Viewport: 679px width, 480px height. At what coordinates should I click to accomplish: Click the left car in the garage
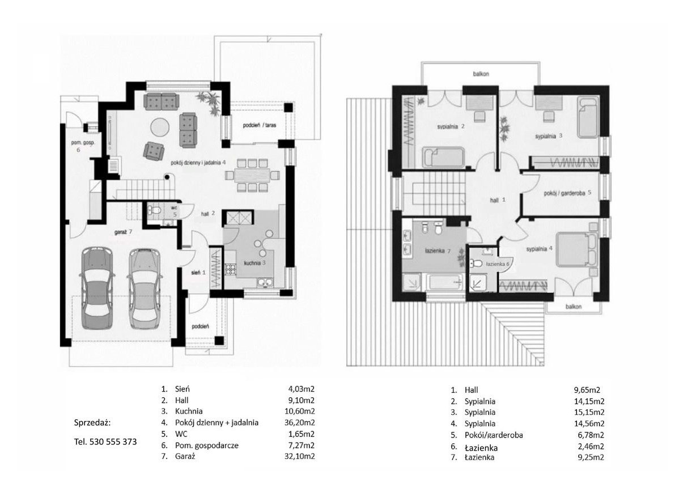pyautogui.click(x=97, y=287)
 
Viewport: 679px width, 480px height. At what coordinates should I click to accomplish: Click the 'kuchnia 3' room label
pyautogui.click(x=254, y=262)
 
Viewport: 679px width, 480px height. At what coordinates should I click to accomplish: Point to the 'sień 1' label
pyautogui.click(x=198, y=273)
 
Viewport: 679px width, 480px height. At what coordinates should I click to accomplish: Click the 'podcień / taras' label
pyautogui.click(x=260, y=125)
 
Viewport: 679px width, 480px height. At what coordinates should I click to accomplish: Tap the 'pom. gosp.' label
pyautogui.click(x=83, y=142)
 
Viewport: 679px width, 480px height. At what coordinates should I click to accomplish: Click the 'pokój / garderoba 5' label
pyautogui.click(x=567, y=193)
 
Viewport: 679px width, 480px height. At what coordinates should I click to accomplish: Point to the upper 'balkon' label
pyautogui.click(x=481, y=74)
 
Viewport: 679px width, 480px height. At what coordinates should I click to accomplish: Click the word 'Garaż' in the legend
pyautogui.click(x=185, y=456)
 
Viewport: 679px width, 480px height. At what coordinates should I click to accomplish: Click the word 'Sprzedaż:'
pyautogui.click(x=92, y=422)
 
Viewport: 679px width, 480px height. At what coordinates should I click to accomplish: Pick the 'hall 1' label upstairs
pyautogui.click(x=498, y=201)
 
